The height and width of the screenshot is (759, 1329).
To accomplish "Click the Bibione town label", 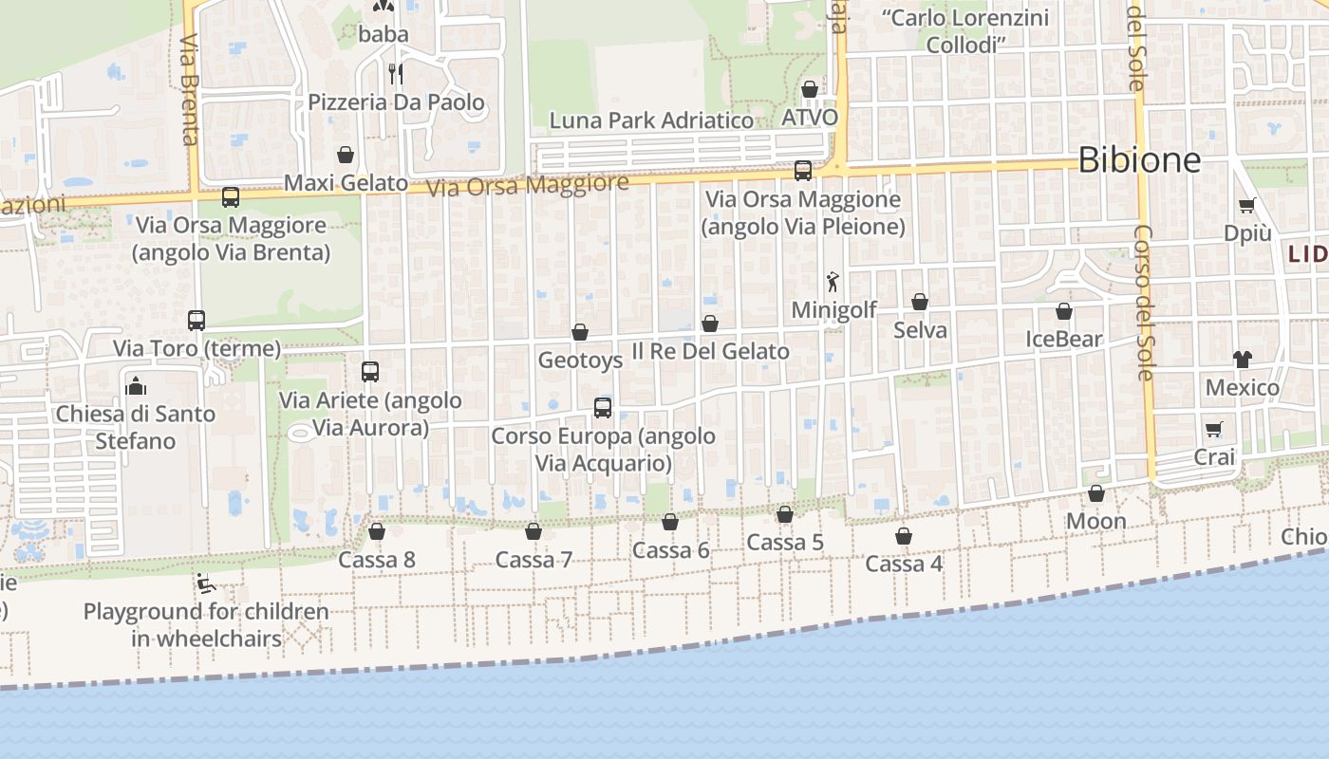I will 1139,159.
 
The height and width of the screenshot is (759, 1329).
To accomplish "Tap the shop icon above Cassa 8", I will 377,531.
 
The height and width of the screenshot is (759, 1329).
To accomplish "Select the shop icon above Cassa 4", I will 904,536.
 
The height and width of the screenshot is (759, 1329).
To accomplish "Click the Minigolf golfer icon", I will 833,282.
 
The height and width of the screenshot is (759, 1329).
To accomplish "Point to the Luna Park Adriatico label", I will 651,120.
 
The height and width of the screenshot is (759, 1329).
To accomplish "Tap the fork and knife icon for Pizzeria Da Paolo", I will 396,73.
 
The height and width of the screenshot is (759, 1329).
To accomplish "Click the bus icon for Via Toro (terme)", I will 197,320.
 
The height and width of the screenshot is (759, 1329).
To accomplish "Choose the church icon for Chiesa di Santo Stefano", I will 136,385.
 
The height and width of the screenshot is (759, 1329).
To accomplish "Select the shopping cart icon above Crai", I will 1214,429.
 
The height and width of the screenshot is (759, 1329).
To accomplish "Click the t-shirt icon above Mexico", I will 1242,359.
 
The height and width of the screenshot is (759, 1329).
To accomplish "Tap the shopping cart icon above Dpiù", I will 1247,205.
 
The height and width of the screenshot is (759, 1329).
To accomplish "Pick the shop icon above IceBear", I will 1064,311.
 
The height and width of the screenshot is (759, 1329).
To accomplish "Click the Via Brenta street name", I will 189,90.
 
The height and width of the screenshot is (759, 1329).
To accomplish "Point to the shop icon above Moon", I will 1096,493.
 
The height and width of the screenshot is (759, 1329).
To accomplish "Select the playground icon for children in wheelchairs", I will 205,583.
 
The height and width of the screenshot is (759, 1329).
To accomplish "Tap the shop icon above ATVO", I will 810,89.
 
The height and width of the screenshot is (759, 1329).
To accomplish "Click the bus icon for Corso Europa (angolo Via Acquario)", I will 603,408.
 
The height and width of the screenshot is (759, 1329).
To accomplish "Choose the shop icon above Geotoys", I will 580,332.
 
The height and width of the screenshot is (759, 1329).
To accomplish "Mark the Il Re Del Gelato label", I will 710,351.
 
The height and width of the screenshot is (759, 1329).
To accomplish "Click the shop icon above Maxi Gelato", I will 346,155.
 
